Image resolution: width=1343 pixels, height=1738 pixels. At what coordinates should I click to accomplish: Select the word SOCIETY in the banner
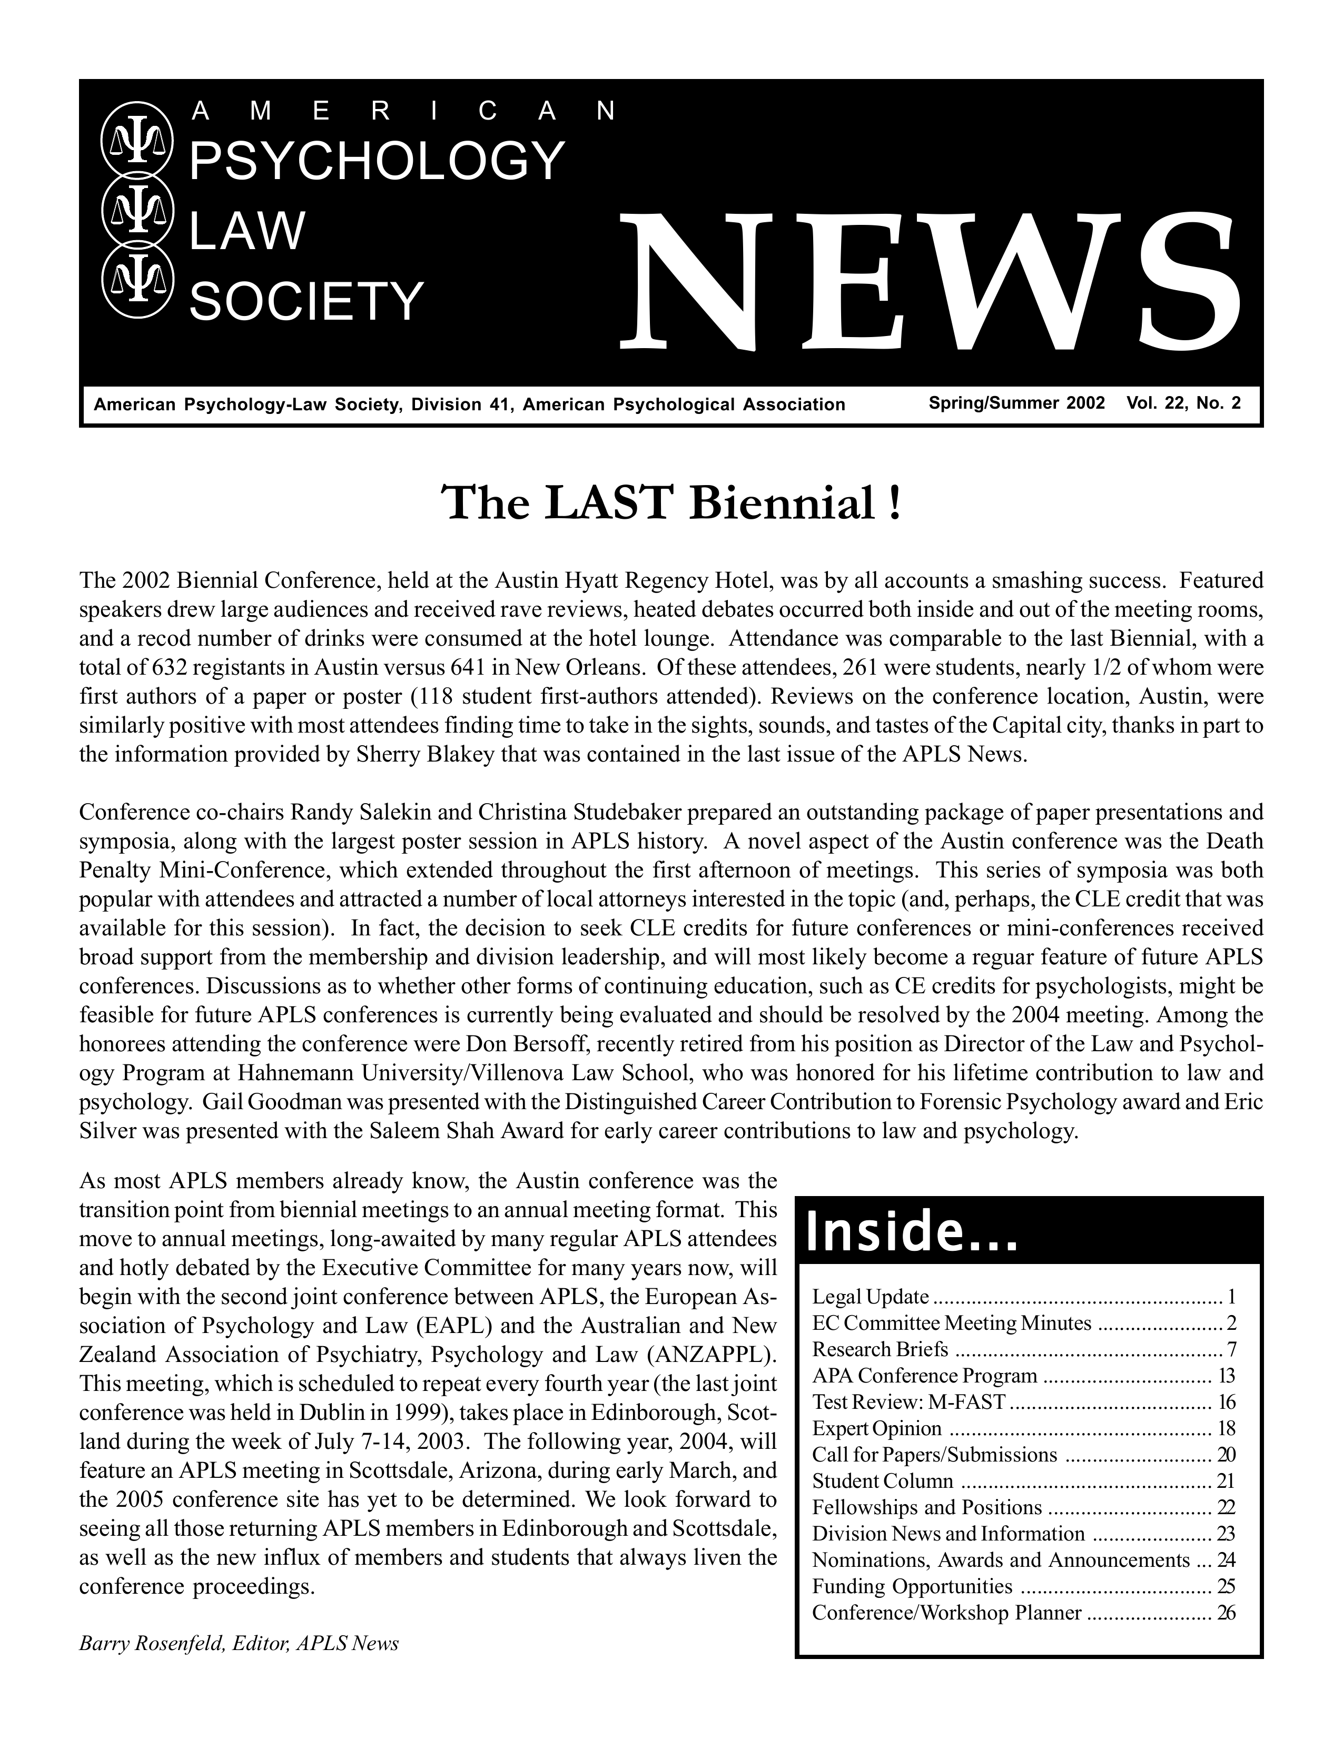tap(307, 302)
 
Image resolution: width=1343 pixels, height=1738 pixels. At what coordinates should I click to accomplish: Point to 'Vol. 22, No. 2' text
tap(1183, 404)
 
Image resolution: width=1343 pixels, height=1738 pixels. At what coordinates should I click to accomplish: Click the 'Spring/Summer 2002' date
tap(1017, 404)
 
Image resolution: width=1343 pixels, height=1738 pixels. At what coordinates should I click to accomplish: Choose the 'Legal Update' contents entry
tap(870, 1297)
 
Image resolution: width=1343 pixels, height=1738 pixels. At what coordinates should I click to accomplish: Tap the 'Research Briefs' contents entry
tap(880, 1350)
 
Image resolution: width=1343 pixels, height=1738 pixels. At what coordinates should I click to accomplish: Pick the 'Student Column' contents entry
tap(882, 1481)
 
